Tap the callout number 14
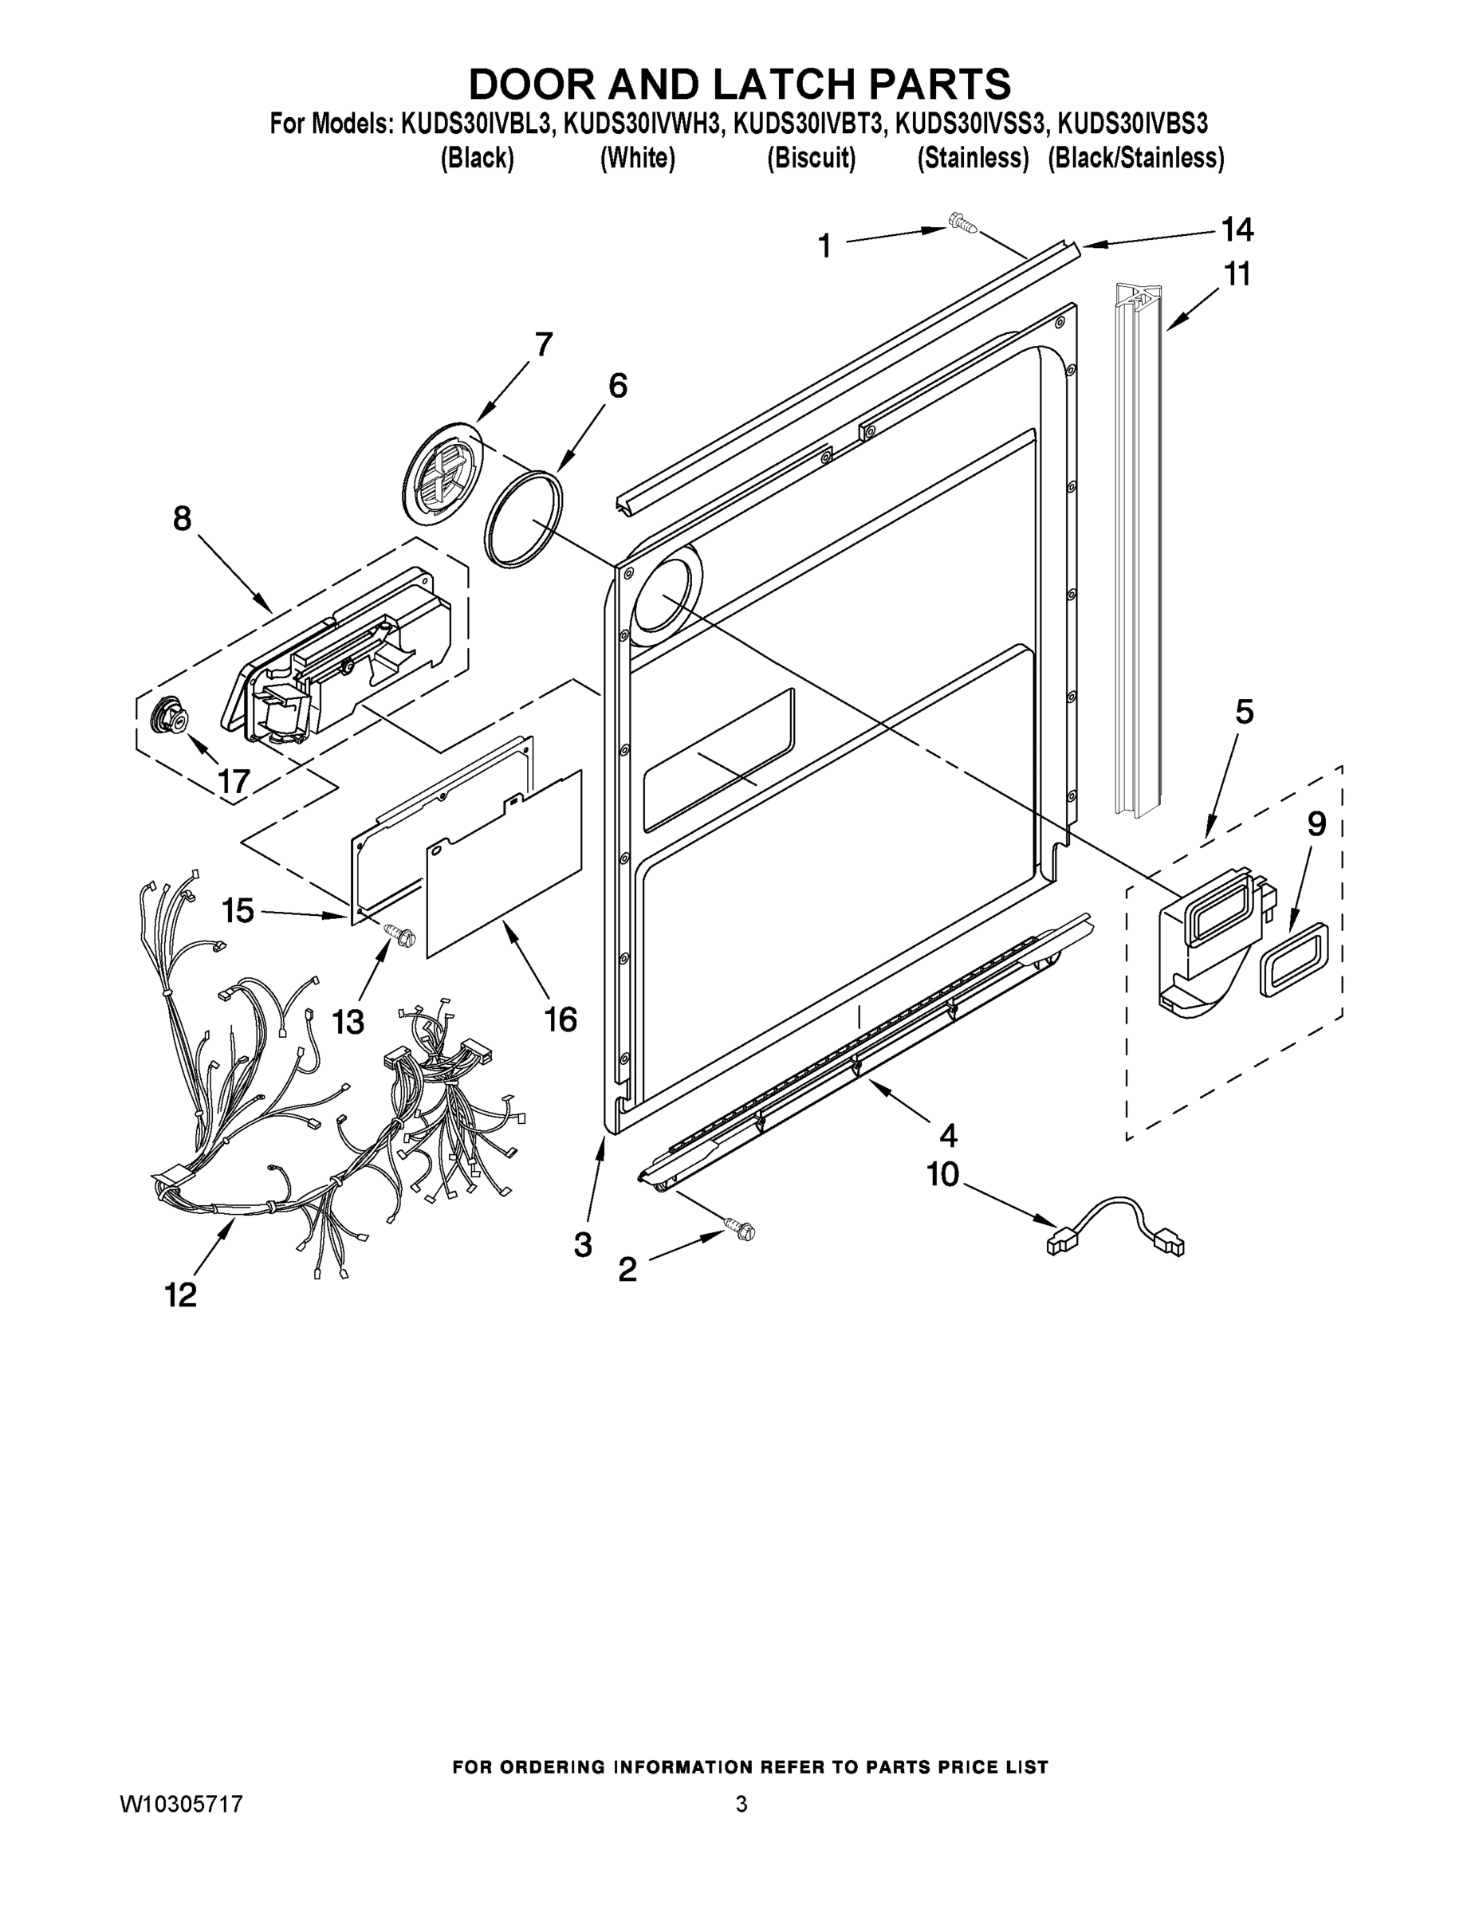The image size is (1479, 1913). click(1237, 230)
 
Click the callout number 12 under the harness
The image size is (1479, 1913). click(181, 1294)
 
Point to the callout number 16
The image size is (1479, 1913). click(561, 1019)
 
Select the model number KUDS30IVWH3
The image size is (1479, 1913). click(644, 124)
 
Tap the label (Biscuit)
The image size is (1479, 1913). click(811, 159)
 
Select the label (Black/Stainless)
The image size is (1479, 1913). click(1135, 159)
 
